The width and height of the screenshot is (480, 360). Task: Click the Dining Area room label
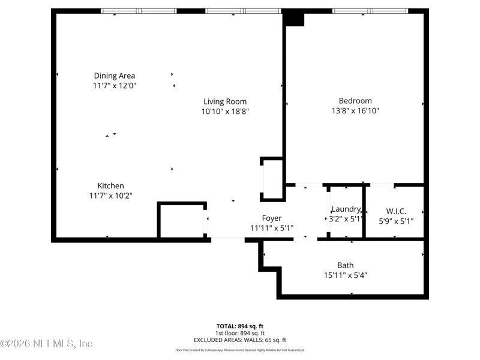[x=114, y=76]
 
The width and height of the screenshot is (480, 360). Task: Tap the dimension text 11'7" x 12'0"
[x=114, y=86]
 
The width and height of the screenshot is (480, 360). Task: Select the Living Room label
[x=225, y=101]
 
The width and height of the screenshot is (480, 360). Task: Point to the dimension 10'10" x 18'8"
[x=225, y=112]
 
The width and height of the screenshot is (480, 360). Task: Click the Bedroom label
[x=355, y=101]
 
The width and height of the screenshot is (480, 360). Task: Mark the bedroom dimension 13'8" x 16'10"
[x=355, y=111]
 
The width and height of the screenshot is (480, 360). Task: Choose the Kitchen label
[x=111, y=186]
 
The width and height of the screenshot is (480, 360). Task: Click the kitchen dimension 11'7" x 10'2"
[x=111, y=196]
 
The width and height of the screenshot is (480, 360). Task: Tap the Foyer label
[x=271, y=218]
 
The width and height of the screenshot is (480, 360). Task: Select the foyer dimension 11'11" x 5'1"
[x=271, y=228]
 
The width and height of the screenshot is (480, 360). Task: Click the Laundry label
[x=346, y=209]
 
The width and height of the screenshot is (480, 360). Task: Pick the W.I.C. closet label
[x=396, y=211]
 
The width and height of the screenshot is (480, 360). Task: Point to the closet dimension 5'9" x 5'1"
[x=396, y=221]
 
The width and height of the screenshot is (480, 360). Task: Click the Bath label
[x=345, y=265]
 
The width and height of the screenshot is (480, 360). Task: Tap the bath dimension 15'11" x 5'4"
[x=345, y=275]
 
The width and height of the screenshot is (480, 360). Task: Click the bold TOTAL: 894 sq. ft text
[x=240, y=326]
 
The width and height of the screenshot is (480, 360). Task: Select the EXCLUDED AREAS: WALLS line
[x=240, y=340]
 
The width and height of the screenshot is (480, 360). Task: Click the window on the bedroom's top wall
[x=370, y=11]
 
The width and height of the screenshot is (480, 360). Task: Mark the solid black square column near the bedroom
[x=294, y=19]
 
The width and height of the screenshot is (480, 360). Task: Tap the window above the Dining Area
[x=139, y=11]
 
